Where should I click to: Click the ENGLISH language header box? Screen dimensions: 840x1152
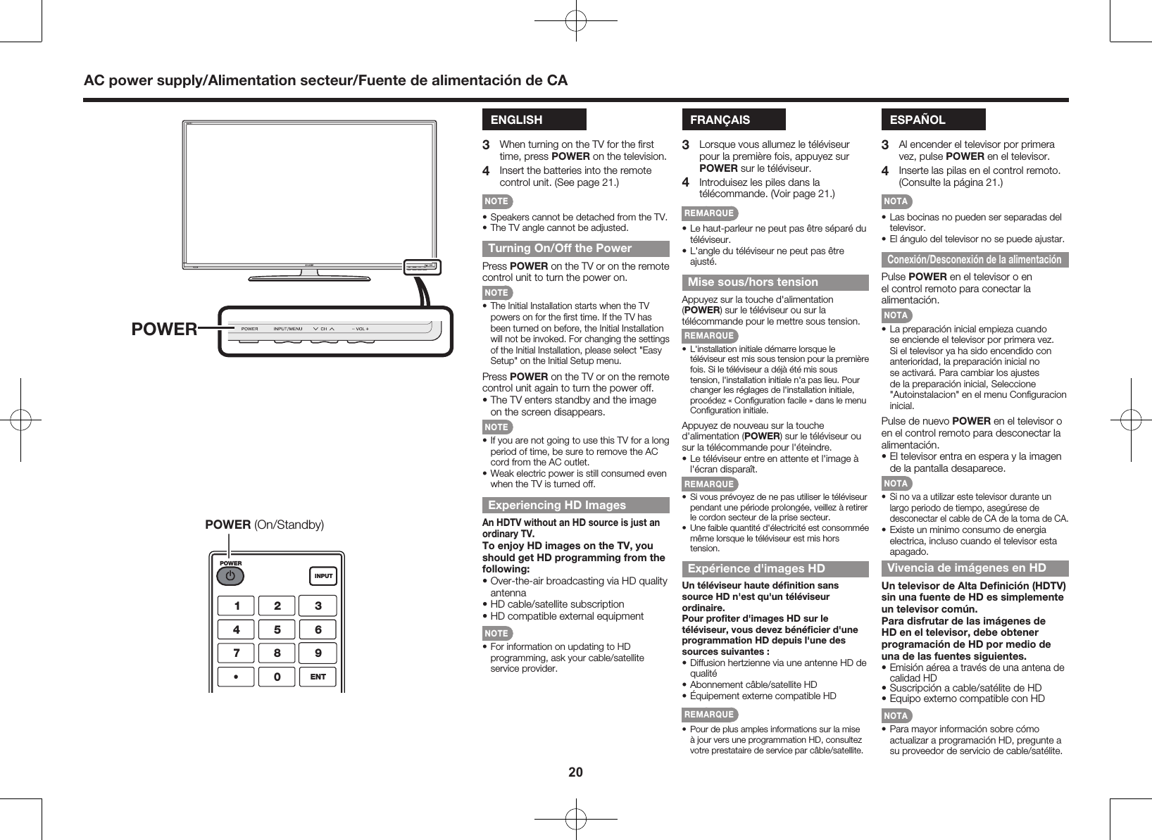pyautogui.click(x=534, y=120)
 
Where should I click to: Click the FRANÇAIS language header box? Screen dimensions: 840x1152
pyautogui.click(x=733, y=120)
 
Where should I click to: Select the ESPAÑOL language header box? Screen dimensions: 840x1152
pyautogui.click(x=933, y=120)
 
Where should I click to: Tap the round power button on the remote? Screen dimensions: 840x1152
pyautogui.click(x=230, y=576)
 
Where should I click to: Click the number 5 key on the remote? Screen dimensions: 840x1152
pyautogui.click(x=277, y=629)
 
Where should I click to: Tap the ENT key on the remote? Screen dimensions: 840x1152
pyautogui.click(x=318, y=677)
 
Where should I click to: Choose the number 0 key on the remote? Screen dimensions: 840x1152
pyautogui.click(x=277, y=677)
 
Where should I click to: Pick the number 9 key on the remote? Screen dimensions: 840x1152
pyautogui.click(x=318, y=653)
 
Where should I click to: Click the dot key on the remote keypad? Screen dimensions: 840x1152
pyautogui.click(x=237, y=677)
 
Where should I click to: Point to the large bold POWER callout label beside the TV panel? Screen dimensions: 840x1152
pyautogui.click(x=163, y=329)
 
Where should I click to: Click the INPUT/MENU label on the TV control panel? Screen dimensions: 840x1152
pyautogui.click(x=287, y=329)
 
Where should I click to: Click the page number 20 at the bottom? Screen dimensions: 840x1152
pyautogui.click(x=575, y=772)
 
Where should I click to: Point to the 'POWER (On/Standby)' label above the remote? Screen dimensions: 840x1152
pyautogui.click(x=264, y=525)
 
